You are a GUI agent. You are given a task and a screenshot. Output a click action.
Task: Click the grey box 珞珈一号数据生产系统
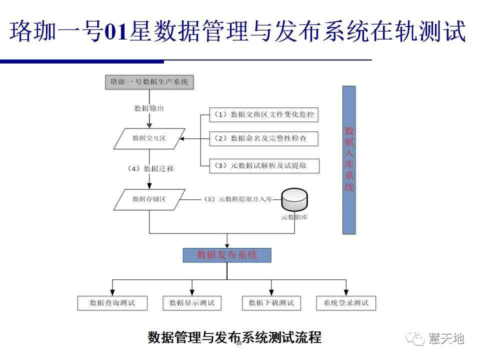[149, 81]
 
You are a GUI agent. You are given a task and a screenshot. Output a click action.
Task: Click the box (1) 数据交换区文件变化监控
[264, 114]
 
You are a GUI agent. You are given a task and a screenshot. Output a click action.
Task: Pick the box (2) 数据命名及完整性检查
[264, 138]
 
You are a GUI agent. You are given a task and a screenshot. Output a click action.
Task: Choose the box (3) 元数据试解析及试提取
[264, 165]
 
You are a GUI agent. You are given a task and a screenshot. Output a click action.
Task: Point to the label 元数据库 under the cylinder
[294, 218]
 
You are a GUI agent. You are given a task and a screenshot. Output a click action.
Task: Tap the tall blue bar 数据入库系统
[349, 159]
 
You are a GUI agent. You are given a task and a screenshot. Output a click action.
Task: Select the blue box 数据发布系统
[227, 255]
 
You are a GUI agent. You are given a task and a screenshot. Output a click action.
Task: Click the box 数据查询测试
[112, 303]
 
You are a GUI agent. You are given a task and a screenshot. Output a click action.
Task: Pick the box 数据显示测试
[192, 303]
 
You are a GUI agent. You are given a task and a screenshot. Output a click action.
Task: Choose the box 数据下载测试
[271, 303]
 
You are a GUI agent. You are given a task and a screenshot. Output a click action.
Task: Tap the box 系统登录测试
[346, 303]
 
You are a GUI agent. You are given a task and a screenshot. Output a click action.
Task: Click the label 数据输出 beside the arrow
[149, 108]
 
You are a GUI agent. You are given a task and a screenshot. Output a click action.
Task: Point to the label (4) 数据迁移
[151, 168]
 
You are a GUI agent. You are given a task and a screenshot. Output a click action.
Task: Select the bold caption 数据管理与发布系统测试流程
[234, 337]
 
